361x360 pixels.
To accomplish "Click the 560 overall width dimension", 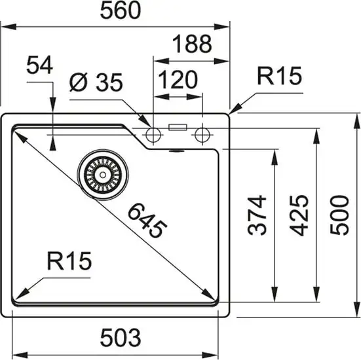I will pos(121,11).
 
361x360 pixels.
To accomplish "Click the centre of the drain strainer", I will pos(100,173).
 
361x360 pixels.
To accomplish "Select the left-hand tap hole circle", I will pos(153,135).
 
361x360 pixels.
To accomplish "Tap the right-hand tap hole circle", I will pos(202,135).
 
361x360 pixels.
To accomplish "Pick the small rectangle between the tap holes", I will pos(178,128).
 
